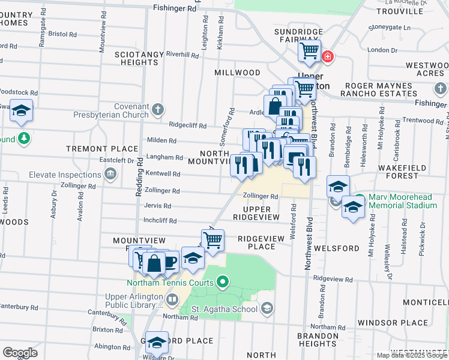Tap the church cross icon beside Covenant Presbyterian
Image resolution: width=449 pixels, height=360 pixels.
pyautogui.click(x=157, y=109)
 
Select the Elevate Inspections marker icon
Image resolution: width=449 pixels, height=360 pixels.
pyautogui.click(x=110, y=175)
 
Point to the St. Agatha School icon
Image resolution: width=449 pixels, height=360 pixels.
pyautogui.click(x=267, y=309)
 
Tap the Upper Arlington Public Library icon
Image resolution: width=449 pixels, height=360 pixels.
pyautogui.click(x=172, y=299)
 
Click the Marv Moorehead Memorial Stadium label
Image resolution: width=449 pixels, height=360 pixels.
pyautogui.click(x=403, y=201)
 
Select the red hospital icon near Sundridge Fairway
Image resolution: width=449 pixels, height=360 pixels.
pyautogui.click(x=327, y=58)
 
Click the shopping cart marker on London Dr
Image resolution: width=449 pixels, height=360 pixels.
pyautogui.click(x=310, y=52)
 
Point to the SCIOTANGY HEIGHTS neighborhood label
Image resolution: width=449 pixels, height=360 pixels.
pyautogui.click(x=139, y=58)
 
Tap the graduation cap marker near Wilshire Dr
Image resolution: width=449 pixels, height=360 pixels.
pyautogui.click(x=157, y=342)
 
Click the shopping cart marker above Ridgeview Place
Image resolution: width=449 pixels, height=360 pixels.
pyautogui.click(x=212, y=240)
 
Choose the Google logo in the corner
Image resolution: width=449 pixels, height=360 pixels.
pyautogui.click(x=20, y=352)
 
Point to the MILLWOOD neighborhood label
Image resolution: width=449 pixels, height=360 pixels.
pyautogui.click(x=237, y=73)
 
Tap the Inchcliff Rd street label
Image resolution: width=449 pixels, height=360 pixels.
pyautogui.click(x=160, y=221)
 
